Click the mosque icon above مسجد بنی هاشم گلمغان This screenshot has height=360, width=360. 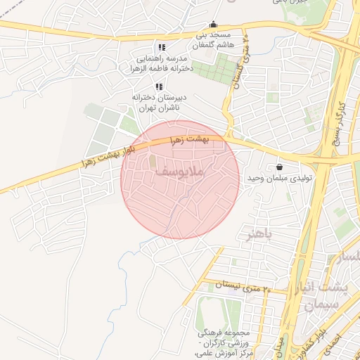[214, 24]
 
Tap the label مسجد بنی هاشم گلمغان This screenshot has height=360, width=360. [214, 39]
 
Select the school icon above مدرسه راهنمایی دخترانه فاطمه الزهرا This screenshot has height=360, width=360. [162, 47]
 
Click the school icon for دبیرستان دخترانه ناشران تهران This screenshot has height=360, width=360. [158, 86]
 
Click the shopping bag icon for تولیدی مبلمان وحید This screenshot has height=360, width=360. [281, 167]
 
